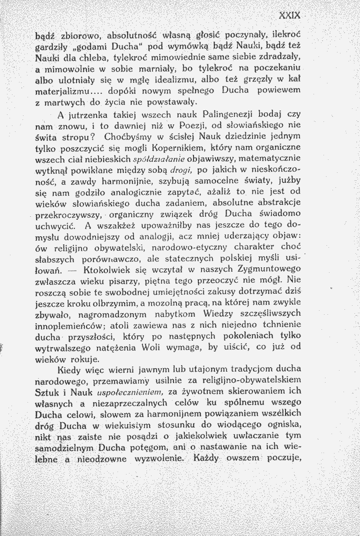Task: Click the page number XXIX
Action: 289,15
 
